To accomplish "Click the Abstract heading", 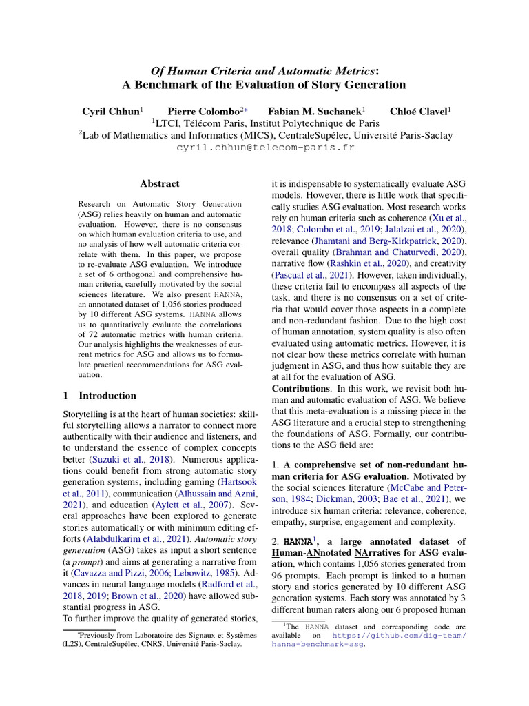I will (x=159, y=184).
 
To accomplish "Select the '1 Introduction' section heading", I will (x=100, y=396).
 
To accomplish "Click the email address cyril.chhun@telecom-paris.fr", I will (x=264, y=148).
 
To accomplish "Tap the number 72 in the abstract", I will (x=86, y=337).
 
